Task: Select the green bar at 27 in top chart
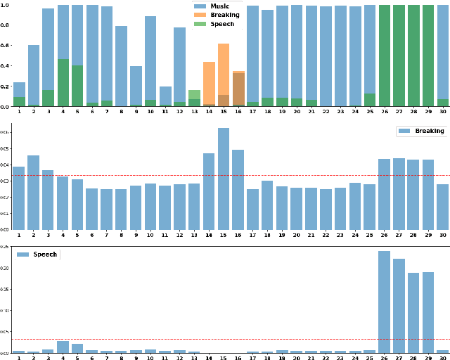click(399, 56)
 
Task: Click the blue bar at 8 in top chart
click(121, 66)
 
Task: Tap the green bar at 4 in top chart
click(63, 83)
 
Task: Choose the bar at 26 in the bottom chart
click(384, 302)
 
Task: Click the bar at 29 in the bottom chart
click(427, 312)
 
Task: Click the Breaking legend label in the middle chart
click(429, 131)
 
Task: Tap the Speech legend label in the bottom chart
click(45, 254)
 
